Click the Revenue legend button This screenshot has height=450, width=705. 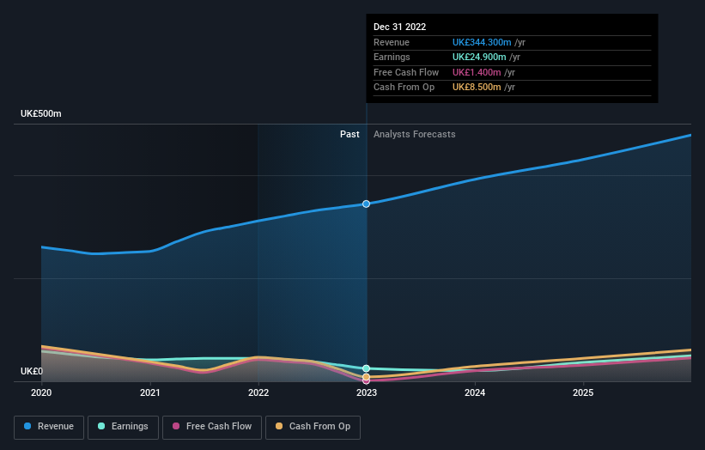[x=49, y=426]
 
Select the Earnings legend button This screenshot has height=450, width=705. [x=123, y=426]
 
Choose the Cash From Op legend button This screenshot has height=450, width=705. [x=313, y=426]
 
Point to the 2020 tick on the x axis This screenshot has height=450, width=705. [x=41, y=393]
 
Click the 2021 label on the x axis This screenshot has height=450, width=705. [x=150, y=393]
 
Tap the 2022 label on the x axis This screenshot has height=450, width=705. [x=258, y=393]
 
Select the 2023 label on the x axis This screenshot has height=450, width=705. [x=367, y=393]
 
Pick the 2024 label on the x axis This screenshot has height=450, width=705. [x=475, y=393]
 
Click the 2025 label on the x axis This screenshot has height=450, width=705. [x=583, y=393]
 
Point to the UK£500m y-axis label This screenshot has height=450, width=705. [x=41, y=114]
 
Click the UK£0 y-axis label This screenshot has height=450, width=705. [x=33, y=372]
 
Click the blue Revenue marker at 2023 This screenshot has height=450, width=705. [x=367, y=204]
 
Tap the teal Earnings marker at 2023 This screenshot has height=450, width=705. [x=367, y=368]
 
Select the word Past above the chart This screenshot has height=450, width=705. [x=349, y=134]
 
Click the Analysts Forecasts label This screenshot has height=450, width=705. [x=414, y=134]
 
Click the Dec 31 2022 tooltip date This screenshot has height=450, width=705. [x=399, y=27]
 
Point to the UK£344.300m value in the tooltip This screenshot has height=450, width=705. [x=482, y=43]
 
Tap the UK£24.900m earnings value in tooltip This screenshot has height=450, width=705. [x=479, y=58]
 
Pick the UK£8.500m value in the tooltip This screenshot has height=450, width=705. [x=477, y=88]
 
